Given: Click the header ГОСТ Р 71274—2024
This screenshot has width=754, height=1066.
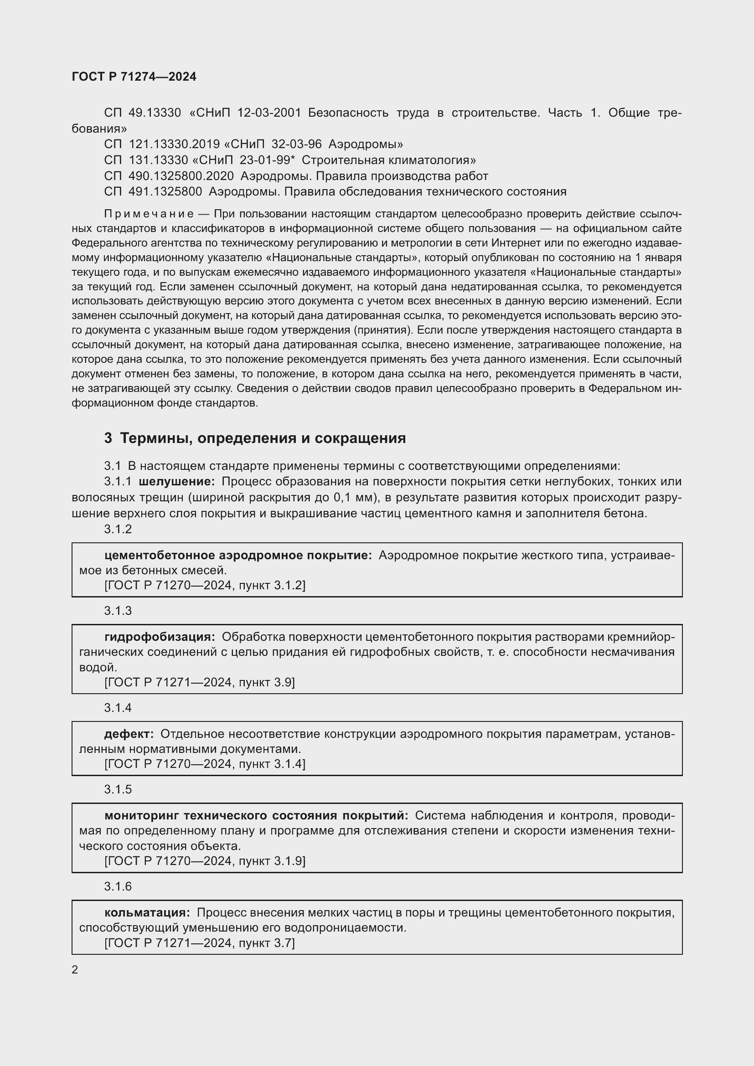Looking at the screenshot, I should click(134, 77).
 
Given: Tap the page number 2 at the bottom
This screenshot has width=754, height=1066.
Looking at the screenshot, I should click(75, 969).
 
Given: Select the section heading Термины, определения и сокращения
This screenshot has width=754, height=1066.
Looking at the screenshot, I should click(263, 438).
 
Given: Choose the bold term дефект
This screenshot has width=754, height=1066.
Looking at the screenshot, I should click(129, 734).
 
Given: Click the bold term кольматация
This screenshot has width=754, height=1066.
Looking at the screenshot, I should click(147, 912).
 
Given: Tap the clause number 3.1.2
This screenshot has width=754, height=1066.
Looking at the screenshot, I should click(118, 529).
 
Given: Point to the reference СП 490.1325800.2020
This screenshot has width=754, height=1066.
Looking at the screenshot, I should click(169, 176).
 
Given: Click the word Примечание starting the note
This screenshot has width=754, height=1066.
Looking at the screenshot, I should click(149, 214).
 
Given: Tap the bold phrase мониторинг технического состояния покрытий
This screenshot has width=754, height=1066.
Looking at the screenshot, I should click(256, 815).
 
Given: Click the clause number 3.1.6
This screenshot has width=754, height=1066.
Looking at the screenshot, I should click(118, 886).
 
